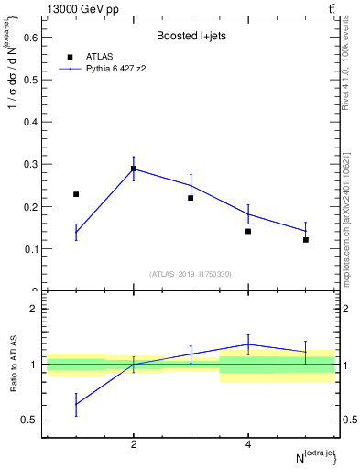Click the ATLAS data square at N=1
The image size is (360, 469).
pyautogui.click(x=76, y=194)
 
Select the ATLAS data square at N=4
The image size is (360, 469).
pyautogui.click(x=248, y=231)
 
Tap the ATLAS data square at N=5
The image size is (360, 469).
pyautogui.click(x=306, y=240)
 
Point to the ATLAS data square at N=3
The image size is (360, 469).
pyautogui.click(x=191, y=198)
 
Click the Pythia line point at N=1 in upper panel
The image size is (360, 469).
pyautogui.click(x=76, y=233)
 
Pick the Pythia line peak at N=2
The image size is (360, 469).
pyautogui.click(x=134, y=168)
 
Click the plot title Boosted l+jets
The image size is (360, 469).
pyautogui.click(x=191, y=36)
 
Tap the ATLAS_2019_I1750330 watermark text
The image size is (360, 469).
pyautogui.click(x=191, y=274)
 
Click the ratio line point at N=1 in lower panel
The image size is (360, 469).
pyautogui.click(x=76, y=404)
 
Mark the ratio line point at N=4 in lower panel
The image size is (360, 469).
pyautogui.click(x=248, y=344)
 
